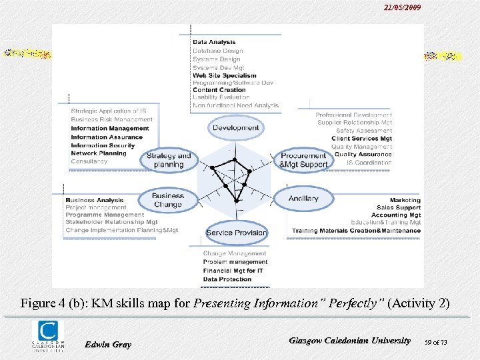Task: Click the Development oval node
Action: click(x=235, y=127)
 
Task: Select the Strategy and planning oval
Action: click(x=169, y=160)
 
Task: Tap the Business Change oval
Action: click(x=168, y=200)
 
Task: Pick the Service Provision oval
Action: click(x=236, y=233)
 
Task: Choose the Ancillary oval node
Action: click(x=303, y=199)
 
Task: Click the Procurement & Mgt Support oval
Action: click(x=303, y=160)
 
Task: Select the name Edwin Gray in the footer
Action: click(x=108, y=344)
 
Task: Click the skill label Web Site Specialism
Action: click(x=224, y=76)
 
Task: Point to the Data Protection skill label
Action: click(x=227, y=279)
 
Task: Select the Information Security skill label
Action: click(x=103, y=145)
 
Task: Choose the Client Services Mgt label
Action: click(x=361, y=139)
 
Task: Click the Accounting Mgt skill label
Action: click(x=396, y=215)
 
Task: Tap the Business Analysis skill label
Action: click(x=95, y=200)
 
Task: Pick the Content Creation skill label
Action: click(x=219, y=90)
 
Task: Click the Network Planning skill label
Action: click(x=99, y=153)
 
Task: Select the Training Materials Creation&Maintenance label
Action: click(x=356, y=231)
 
